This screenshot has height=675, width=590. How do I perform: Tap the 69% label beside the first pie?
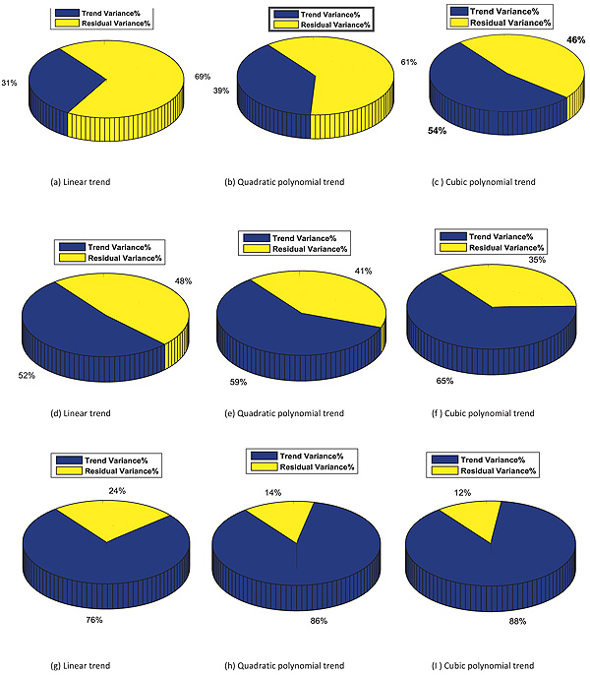204,76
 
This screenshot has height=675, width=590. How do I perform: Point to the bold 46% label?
576,39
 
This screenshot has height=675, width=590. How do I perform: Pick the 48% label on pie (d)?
184,281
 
